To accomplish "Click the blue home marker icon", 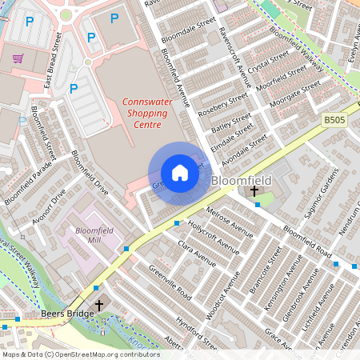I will tap(180, 173).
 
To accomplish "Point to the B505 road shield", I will tap(334, 119).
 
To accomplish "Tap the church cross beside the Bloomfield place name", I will tap(254, 191).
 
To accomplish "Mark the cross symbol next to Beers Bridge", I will tap(100, 306).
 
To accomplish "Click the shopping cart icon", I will tap(18, 58).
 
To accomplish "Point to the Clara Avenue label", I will tap(197, 252).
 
